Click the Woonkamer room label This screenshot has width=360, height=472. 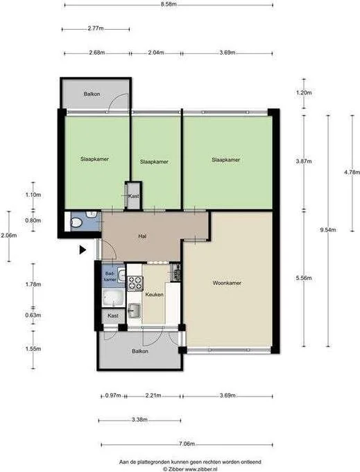[227, 283]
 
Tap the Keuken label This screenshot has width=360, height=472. [154, 295]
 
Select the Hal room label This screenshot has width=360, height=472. [142, 236]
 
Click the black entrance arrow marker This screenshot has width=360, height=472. [83, 250]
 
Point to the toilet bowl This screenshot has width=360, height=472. [76, 223]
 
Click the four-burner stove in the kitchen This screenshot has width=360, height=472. [135, 283]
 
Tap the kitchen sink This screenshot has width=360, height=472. [134, 311]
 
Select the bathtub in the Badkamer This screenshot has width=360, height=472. [113, 297]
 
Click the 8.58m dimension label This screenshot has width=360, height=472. [169, 4]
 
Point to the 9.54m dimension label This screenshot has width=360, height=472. [328, 230]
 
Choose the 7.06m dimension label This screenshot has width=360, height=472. [187, 444]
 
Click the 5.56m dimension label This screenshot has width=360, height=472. [304, 278]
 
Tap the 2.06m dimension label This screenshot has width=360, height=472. [9, 235]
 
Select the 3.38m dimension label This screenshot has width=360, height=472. [139, 419]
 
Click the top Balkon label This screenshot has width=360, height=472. [92, 94]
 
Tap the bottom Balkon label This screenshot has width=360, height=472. [140, 351]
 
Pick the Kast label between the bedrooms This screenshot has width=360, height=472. [133, 196]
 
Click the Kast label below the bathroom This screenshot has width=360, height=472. [113, 315]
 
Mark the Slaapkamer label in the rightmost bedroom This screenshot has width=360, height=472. [226, 160]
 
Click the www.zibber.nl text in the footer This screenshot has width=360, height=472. [201, 469]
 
